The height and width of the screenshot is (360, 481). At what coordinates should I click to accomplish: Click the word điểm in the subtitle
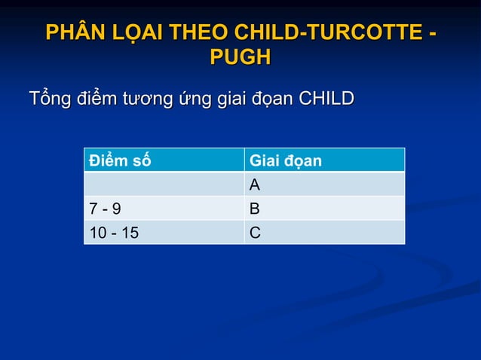90,99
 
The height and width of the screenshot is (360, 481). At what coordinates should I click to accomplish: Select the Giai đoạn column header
286,160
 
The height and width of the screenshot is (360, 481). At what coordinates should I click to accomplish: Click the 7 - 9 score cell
105,209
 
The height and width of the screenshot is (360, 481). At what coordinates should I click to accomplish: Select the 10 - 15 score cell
114,233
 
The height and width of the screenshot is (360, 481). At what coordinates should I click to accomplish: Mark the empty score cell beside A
164,185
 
